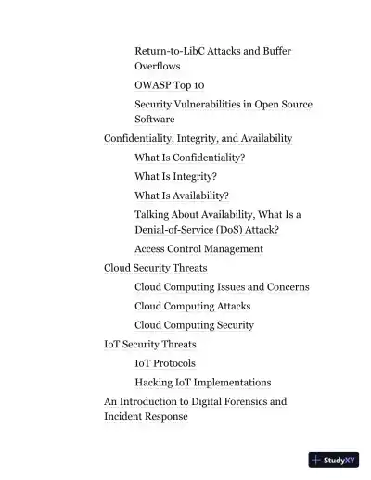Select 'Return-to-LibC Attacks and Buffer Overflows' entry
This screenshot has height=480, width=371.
212,51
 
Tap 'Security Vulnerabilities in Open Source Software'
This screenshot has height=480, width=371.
223,105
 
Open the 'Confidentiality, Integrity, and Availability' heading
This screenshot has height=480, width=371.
198,138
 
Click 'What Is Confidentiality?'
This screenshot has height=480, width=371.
189,158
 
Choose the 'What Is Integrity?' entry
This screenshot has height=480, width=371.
175,176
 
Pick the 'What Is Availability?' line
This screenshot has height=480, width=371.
181,196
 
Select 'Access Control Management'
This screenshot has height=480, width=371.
198,248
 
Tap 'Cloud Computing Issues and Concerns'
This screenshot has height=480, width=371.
222,287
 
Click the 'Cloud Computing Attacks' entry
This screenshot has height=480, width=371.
192,306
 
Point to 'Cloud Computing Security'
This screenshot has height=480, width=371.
194,325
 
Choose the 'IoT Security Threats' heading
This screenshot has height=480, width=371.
149,345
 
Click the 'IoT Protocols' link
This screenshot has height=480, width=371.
165,363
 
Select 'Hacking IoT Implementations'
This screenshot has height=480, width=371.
202,382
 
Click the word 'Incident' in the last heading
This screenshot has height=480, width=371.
124,417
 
